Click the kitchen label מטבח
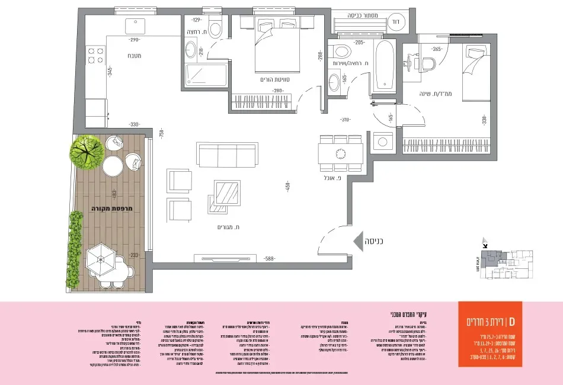tap(132, 56)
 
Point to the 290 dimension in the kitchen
tap(135, 40)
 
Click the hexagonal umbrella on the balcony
tap(100, 259)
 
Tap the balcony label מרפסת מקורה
tap(110, 208)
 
